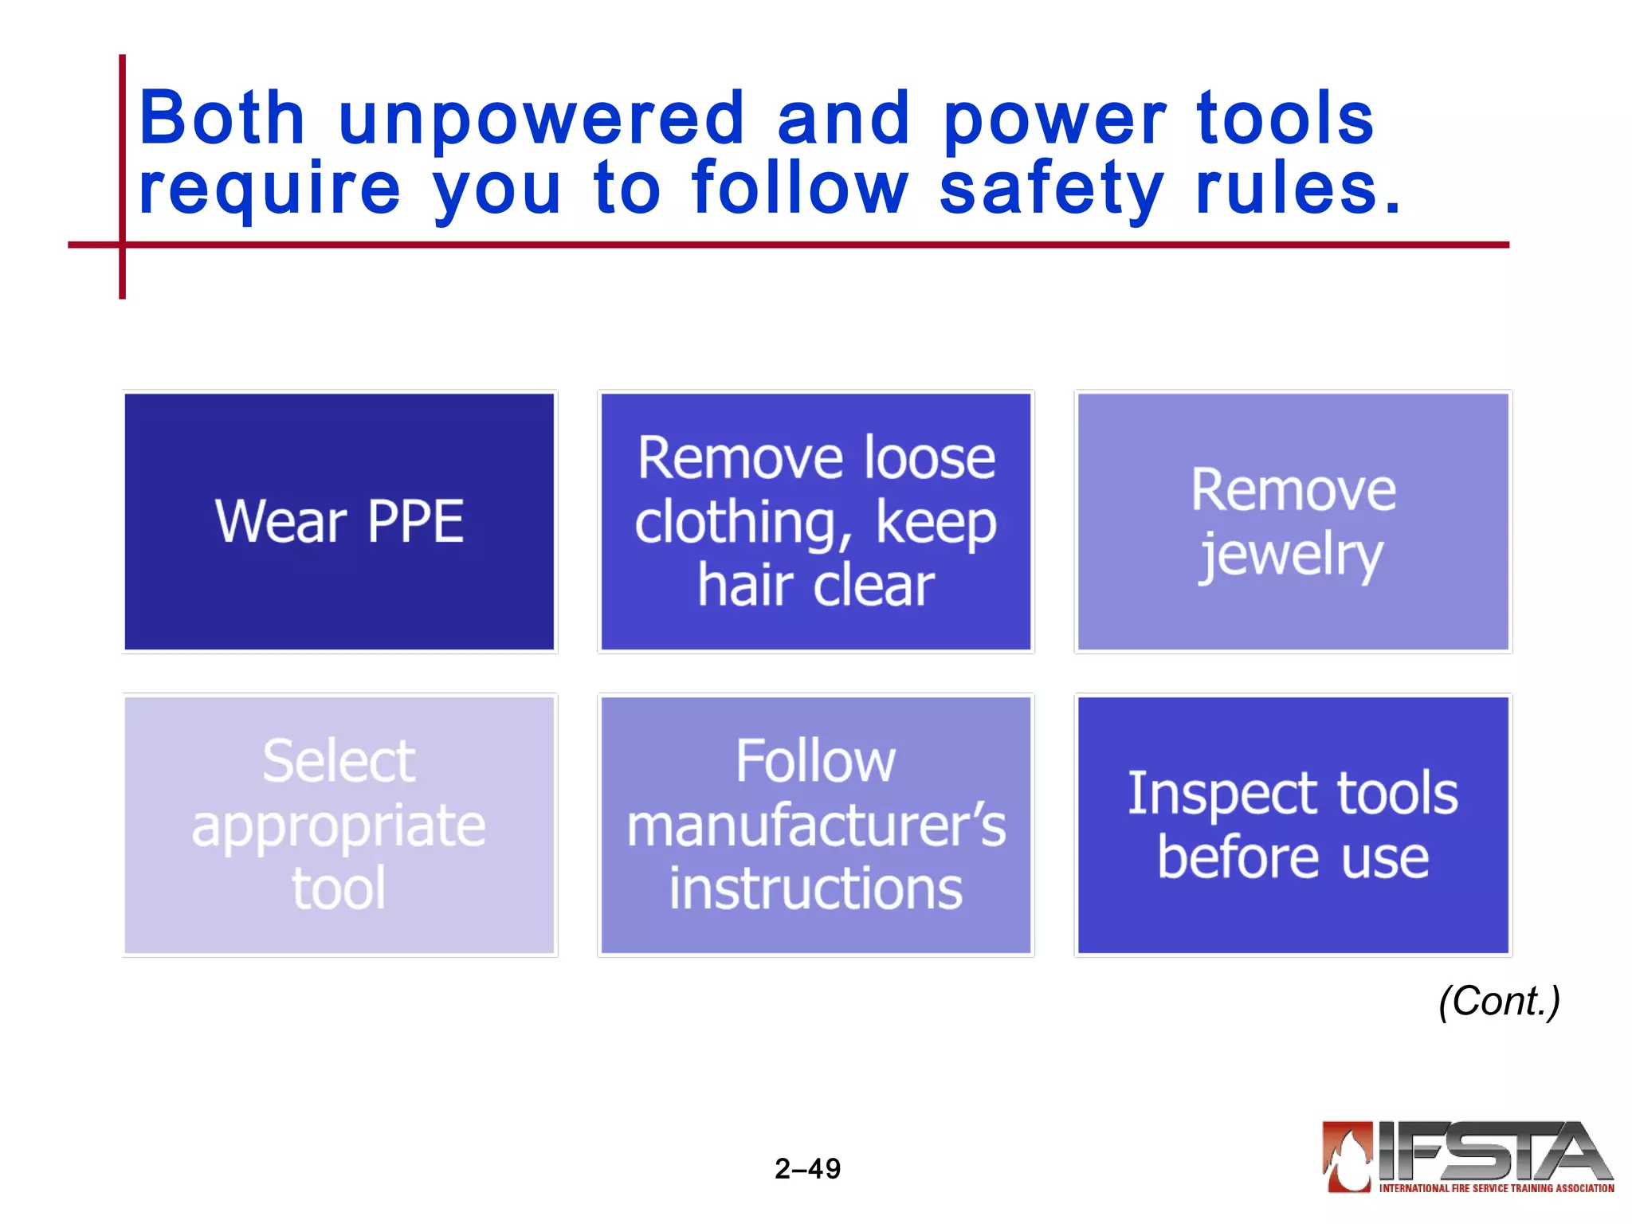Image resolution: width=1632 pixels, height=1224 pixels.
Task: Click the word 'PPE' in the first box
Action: pos(415,522)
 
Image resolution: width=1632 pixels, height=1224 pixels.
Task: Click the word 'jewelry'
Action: pos(1291,555)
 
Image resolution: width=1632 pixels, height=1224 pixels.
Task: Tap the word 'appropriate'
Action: pos(339,826)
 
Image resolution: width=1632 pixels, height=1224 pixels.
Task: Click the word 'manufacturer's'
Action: pos(816,826)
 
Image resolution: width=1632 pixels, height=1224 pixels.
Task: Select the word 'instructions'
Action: pos(816,889)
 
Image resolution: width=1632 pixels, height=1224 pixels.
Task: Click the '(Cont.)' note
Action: pos(1499,1001)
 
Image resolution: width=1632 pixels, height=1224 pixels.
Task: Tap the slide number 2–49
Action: pos(807,1169)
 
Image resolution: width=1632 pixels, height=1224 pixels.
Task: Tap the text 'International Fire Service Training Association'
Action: pos(1496,1188)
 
